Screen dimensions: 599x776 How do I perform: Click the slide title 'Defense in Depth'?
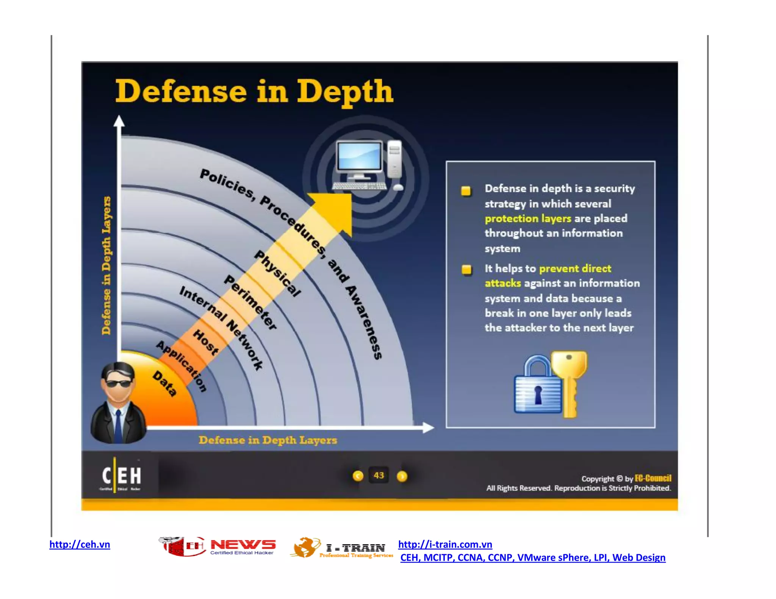[254, 91]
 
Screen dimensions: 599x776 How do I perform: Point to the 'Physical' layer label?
[278, 273]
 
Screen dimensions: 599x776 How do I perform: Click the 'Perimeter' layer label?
[250, 302]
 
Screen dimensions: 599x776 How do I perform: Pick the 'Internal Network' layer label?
[221, 328]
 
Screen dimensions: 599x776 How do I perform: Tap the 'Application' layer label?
[182, 366]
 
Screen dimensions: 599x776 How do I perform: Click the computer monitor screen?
[359, 156]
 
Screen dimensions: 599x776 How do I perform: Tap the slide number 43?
[379, 476]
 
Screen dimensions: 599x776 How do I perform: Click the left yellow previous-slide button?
[358, 476]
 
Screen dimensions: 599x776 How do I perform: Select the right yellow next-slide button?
[402, 476]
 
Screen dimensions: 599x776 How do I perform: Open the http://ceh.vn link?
[80, 544]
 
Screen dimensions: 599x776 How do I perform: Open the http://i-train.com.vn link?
[445, 544]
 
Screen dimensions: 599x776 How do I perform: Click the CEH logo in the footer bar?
[121, 476]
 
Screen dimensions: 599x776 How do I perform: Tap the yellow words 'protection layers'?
[527, 218]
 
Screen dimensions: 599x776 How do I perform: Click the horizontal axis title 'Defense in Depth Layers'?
[268, 440]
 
